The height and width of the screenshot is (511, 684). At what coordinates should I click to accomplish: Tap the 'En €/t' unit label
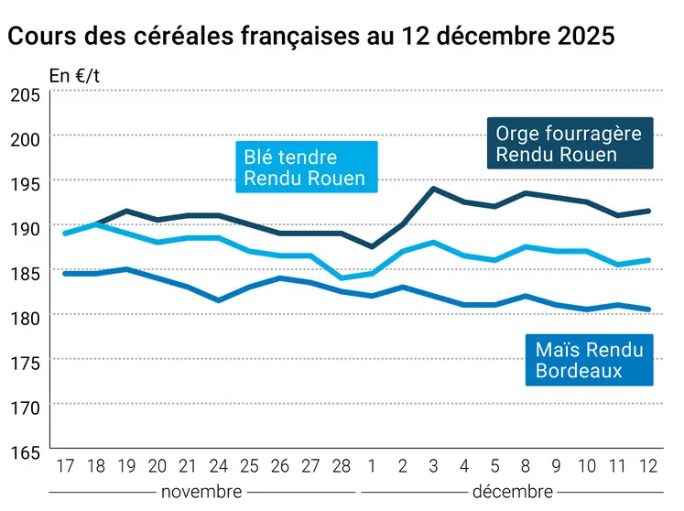(74, 77)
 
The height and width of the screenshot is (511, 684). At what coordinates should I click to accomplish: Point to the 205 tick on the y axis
(25, 95)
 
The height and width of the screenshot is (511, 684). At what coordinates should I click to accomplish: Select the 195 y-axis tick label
(25, 184)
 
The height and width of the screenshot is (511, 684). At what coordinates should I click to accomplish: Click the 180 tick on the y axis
(25, 318)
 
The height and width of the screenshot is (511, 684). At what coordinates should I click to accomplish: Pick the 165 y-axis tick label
(25, 451)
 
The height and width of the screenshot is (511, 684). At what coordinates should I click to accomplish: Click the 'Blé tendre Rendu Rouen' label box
(305, 168)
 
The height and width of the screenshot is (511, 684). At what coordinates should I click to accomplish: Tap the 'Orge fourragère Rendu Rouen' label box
(569, 144)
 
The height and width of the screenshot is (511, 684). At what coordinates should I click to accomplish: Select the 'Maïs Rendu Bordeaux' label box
(589, 360)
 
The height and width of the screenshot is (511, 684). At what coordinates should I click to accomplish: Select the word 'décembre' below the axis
(512, 492)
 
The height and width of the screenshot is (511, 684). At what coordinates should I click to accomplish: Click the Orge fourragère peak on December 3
(433, 189)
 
